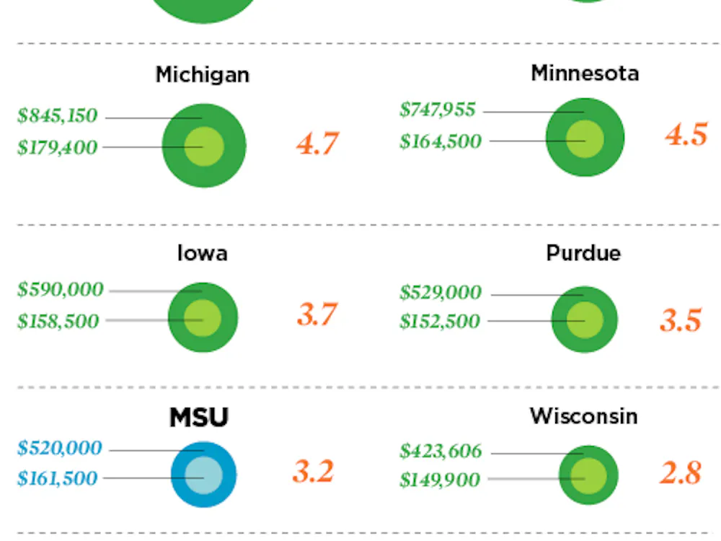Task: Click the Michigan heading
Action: tap(203, 75)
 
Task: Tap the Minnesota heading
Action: tap(585, 73)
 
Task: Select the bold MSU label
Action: tap(199, 418)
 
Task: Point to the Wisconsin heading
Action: tap(584, 416)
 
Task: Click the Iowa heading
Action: tap(203, 253)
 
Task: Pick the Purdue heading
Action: tap(583, 253)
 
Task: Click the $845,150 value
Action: tap(57, 116)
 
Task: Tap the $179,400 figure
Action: tap(57, 148)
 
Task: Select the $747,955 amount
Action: tap(438, 110)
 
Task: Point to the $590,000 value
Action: tap(60, 290)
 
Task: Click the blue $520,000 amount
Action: tap(60, 449)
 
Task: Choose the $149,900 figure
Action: tap(440, 480)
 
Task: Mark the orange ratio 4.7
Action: tap(317, 144)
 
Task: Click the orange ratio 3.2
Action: tap(314, 472)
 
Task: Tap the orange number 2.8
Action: tap(681, 473)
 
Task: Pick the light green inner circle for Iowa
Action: tap(202, 318)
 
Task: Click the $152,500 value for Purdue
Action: tap(440, 322)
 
